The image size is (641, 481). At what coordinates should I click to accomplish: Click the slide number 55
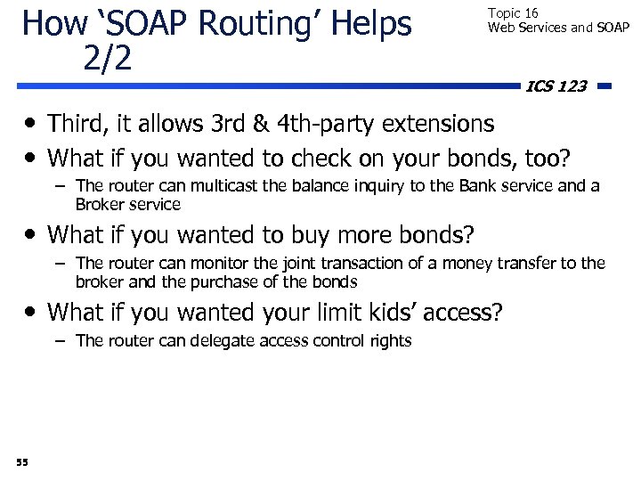[x=22, y=461]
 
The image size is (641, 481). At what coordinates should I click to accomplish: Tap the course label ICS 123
[x=556, y=86]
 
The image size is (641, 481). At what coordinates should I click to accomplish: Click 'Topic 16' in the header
[x=513, y=13]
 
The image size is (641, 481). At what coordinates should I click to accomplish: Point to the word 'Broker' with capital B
[x=99, y=204]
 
